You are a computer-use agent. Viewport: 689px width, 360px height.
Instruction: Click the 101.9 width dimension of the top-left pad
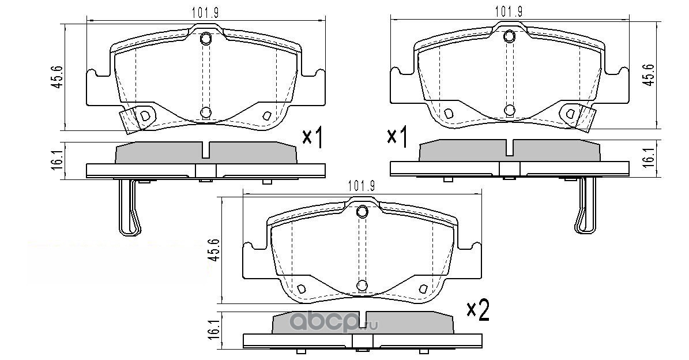point(205,13)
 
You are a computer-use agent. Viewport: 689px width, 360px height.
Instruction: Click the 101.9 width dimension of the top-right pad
point(509,12)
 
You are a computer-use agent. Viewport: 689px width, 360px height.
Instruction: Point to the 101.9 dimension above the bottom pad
point(361,186)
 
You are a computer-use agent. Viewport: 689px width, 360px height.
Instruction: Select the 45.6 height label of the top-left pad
point(57,78)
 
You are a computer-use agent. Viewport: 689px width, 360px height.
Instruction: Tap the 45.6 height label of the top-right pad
point(649,75)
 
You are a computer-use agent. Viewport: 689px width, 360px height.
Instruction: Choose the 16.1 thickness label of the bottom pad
point(213,329)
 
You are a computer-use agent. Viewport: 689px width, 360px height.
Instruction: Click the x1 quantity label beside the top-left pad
point(313,138)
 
